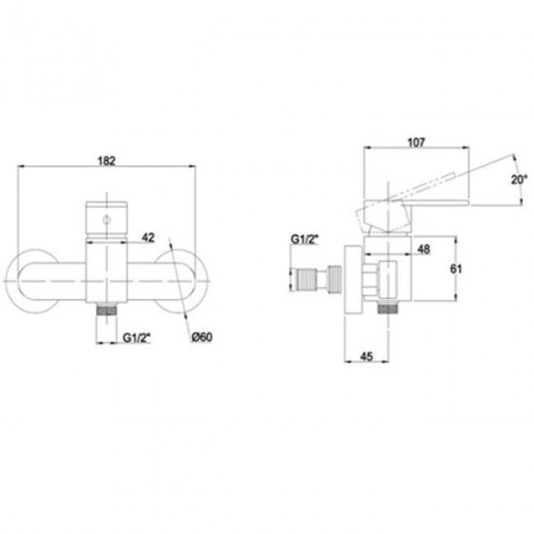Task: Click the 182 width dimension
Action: [107, 161]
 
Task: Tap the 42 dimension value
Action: [149, 237]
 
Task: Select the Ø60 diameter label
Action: [202, 337]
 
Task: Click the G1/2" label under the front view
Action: [137, 338]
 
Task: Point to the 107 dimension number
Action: [417, 143]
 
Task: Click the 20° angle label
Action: [519, 180]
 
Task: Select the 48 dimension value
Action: [423, 250]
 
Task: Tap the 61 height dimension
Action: [456, 269]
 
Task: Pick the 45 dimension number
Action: [366, 356]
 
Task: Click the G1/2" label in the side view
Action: [305, 239]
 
